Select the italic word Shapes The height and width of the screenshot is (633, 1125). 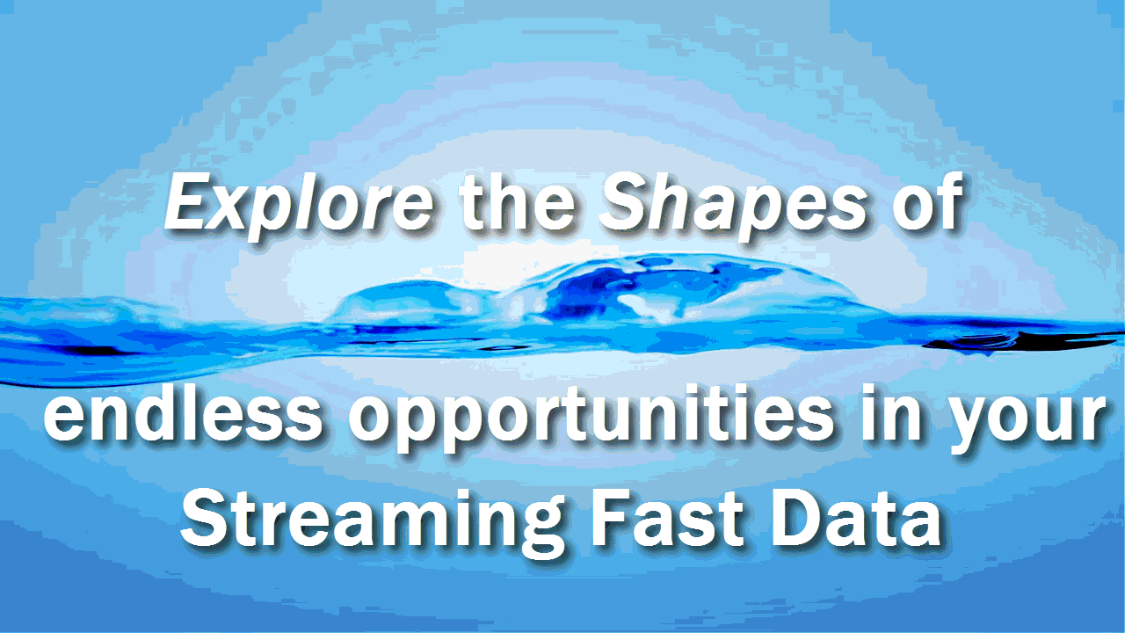(732, 205)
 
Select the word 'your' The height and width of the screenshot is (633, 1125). (1024, 423)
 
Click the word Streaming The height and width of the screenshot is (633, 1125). (373, 522)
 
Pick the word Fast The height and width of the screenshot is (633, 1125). (668, 518)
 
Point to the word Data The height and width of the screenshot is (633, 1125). (857, 518)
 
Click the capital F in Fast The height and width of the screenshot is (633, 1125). (611, 518)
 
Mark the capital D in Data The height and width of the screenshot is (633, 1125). (800, 518)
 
